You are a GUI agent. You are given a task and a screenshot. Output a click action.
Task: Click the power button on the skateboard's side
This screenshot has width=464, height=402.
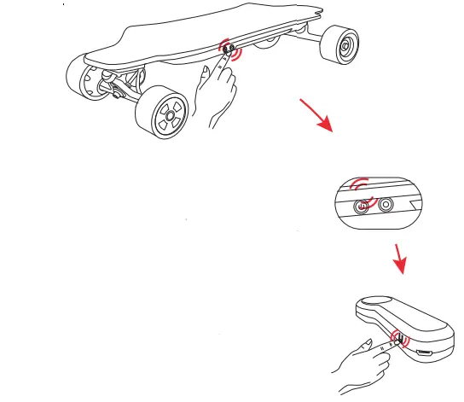click(x=227, y=50)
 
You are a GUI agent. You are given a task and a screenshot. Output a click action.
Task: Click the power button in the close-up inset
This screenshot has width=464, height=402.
click(x=365, y=204)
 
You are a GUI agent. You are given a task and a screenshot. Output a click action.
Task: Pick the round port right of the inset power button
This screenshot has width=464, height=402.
click(x=386, y=204)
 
